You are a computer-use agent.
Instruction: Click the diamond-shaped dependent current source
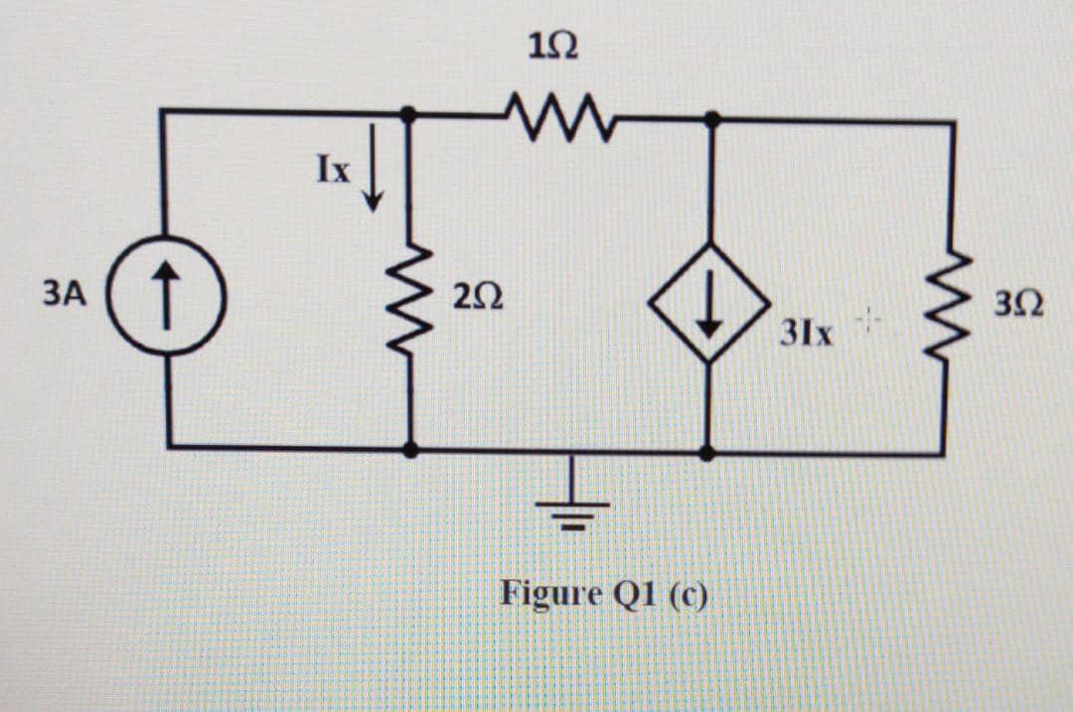point(707,301)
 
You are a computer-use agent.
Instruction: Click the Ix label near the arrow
point(334,172)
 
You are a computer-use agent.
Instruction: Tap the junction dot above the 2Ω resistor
point(407,115)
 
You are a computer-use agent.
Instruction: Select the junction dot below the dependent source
point(706,453)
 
